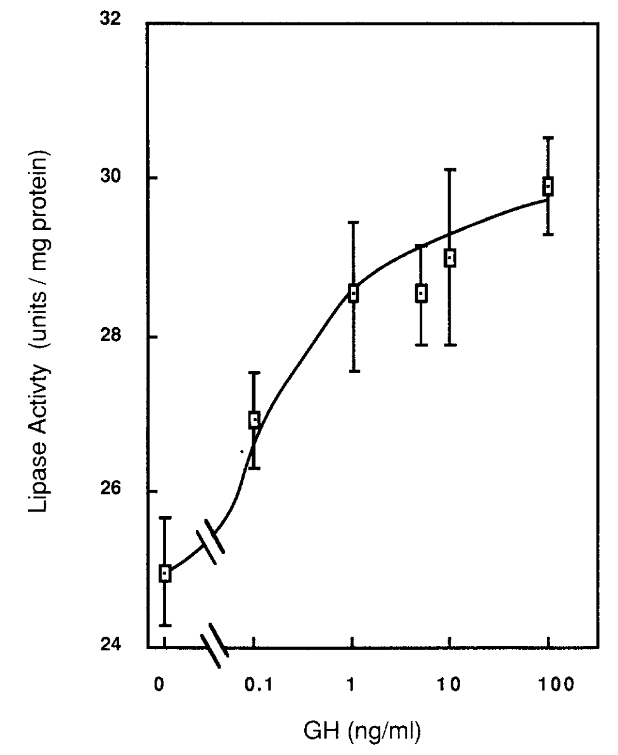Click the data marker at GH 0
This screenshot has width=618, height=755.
165,573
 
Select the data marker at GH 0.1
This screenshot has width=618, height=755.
254,419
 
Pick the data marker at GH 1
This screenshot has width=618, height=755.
354,294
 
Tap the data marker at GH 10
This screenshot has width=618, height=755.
450,258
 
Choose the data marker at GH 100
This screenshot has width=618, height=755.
548,186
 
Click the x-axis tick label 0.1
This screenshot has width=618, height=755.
254,686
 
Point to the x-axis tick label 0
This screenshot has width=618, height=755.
160,686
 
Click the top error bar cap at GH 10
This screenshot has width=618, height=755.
450,170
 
